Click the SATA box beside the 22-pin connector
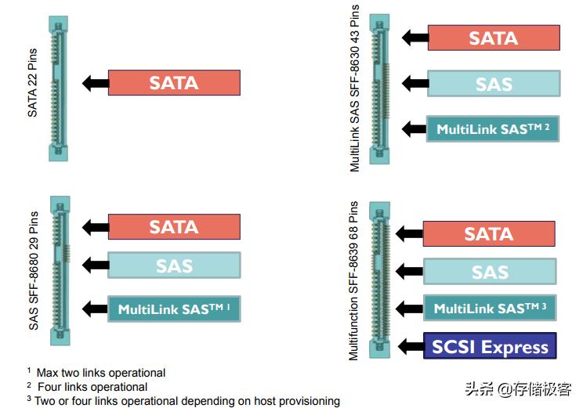tap(174, 83)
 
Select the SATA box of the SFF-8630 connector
tap(494, 38)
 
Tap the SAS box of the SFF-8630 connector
tap(494, 84)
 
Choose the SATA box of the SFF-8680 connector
tap(174, 226)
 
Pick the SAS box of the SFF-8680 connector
tap(174, 265)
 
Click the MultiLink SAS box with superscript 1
tap(174, 309)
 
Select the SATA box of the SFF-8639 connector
tap(489, 233)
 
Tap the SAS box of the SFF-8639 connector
tap(490, 272)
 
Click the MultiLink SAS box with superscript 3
tap(490, 309)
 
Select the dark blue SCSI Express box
tap(490, 346)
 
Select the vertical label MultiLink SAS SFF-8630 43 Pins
tap(355, 88)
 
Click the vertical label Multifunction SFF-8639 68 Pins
tap(354, 280)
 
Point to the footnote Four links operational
tap(92, 387)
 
